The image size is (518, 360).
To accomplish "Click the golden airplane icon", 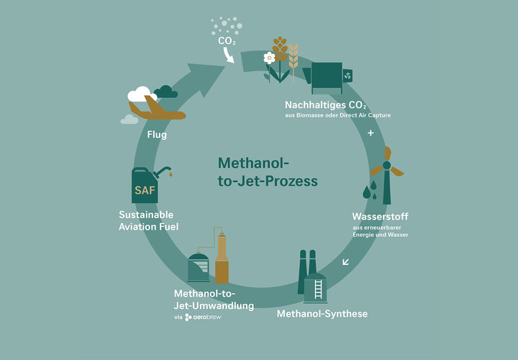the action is (x=157, y=109).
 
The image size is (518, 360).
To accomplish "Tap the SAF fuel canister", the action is (x=145, y=186).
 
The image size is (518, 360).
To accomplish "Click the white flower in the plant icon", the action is (x=269, y=58).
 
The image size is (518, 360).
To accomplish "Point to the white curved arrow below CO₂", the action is (x=228, y=55).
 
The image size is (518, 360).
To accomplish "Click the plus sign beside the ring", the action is (x=371, y=133).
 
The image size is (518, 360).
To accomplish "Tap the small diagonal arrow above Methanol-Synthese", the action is (x=345, y=262).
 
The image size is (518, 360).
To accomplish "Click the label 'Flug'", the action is (x=157, y=135).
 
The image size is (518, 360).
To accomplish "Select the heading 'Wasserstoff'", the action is (x=381, y=217).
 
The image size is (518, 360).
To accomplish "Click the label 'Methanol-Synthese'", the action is (x=322, y=314).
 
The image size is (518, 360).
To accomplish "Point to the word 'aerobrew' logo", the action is (x=203, y=318).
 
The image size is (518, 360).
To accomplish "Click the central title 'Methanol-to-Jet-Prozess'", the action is (x=268, y=172).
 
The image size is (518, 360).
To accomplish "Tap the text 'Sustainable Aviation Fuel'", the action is (x=149, y=220).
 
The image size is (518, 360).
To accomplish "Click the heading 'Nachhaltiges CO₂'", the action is (x=325, y=105).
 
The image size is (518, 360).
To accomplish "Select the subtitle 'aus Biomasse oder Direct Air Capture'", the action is (x=337, y=115).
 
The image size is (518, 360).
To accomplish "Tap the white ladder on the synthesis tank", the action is (x=318, y=289).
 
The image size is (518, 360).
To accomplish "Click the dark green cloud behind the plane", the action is (x=166, y=91).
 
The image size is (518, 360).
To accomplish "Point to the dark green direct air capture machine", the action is (x=327, y=78).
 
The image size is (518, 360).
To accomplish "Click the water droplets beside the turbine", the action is (x=370, y=190).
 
